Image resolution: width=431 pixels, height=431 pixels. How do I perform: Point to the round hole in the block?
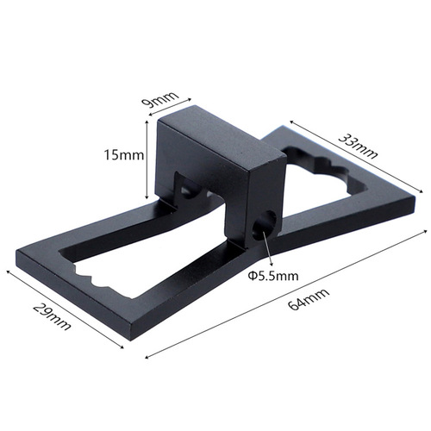point(265,223)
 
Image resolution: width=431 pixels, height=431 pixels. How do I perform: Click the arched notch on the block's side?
point(183,184)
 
